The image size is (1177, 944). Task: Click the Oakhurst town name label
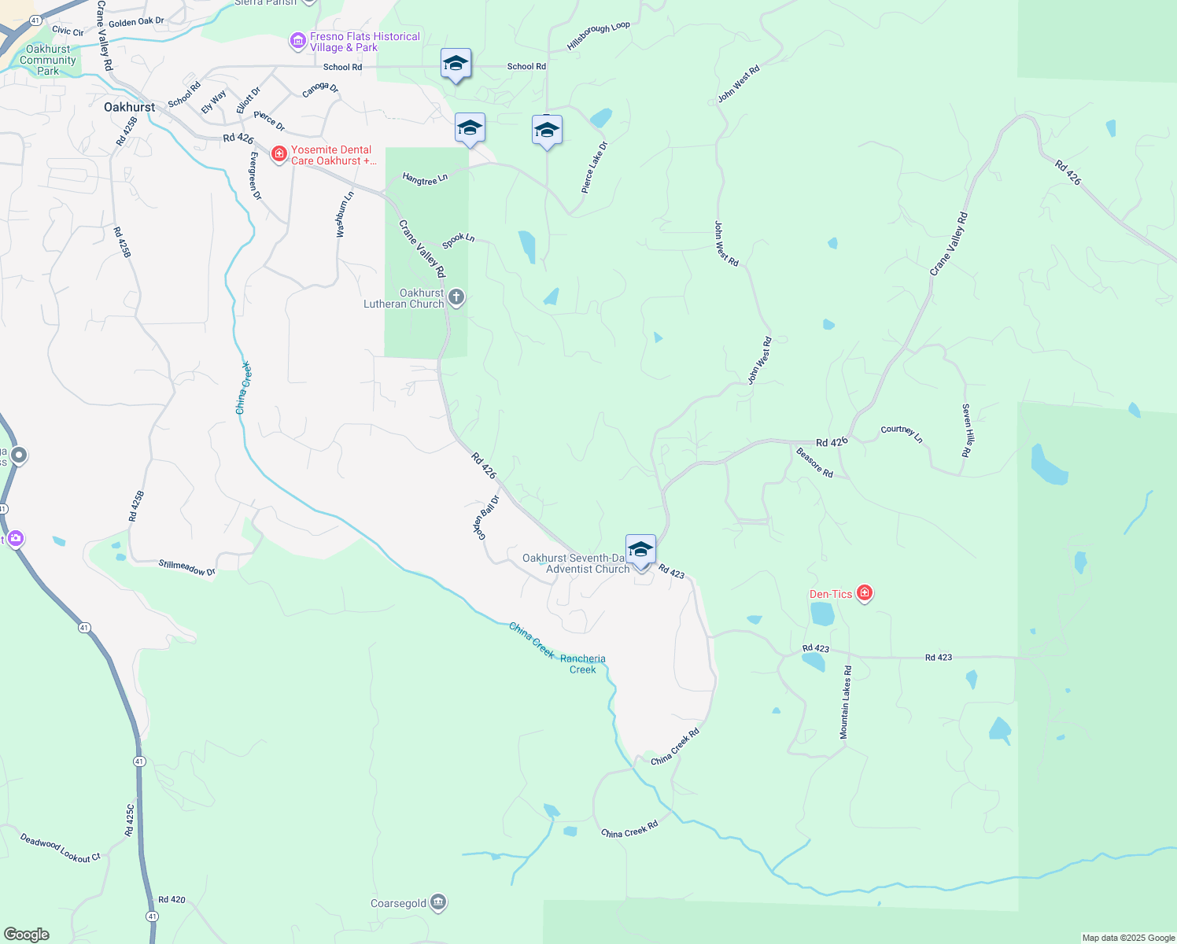click(129, 107)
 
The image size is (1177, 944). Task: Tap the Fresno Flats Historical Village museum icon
click(297, 41)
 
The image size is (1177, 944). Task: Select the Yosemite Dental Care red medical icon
click(279, 154)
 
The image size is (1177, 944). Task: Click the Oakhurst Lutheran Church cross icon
click(456, 297)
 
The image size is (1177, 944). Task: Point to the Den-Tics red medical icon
click(865, 593)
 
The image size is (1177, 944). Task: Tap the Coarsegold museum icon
click(439, 902)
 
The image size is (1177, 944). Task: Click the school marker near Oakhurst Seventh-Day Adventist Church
click(640, 549)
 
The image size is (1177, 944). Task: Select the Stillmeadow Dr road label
click(187, 568)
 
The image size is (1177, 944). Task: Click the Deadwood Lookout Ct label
click(61, 849)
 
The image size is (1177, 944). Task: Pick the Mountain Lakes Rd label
click(845, 702)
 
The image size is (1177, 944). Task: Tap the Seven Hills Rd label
click(967, 430)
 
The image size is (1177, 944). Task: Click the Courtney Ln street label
click(902, 433)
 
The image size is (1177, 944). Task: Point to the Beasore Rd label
click(814, 463)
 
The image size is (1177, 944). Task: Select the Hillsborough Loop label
click(598, 36)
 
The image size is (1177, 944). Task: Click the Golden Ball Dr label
click(486, 517)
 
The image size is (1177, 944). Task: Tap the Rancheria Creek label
click(583, 664)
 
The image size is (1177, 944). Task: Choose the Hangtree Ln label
click(425, 179)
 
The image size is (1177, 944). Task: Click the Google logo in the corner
click(27, 935)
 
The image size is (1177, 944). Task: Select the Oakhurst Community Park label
click(48, 60)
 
